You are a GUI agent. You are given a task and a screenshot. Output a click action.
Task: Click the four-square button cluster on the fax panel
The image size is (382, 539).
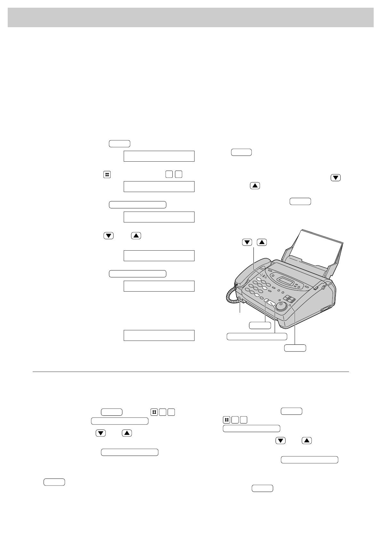click(x=290, y=299)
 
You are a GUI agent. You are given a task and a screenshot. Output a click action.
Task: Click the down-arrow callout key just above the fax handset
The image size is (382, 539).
click(x=247, y=242)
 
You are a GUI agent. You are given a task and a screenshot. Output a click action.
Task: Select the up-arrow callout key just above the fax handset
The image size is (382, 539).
click(x=262, y=242)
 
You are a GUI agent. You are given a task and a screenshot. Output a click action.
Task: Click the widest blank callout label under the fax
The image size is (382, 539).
click(x=257, y=336)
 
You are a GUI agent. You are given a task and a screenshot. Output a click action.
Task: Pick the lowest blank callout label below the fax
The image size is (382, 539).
click(x=295, y=348)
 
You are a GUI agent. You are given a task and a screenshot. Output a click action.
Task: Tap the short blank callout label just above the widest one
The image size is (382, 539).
click(x=260, y=326)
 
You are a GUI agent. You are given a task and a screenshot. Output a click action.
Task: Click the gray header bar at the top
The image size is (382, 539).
click(x=191, y=18)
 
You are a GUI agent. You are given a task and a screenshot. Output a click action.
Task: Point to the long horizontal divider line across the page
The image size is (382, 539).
click(x=191, y=372)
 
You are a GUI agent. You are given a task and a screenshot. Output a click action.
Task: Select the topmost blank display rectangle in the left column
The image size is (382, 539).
click(x=159, y=156)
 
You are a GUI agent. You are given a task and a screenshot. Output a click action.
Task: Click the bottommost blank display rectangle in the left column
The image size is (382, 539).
click(x=159, y=335)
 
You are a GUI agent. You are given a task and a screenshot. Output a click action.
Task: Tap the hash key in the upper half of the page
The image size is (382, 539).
click(x=107, y=174)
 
